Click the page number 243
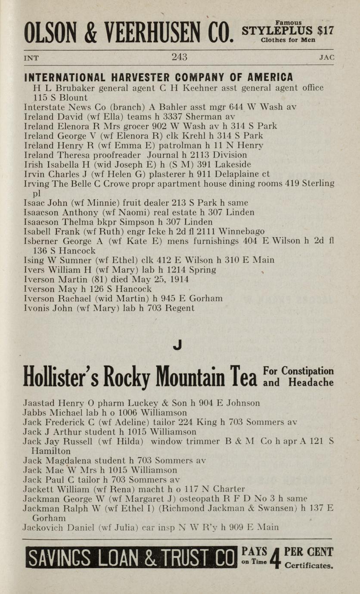pos(180,57)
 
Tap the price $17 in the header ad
pos(325,31)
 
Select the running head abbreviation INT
pos(31,58)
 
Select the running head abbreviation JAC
pos(327,58)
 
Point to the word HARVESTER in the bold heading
pos(137,77)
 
